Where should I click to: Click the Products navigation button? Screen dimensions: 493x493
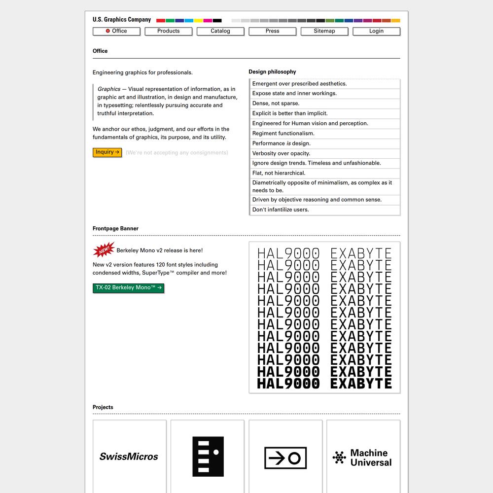click(168, 31)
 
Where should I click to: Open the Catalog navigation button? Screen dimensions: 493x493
click(220, 31)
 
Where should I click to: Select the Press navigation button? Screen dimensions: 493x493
click(272, 31)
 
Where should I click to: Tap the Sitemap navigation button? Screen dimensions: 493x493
click(324, 31)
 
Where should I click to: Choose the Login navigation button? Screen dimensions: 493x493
click(376, 31)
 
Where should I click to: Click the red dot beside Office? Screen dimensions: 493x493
click(107, 31)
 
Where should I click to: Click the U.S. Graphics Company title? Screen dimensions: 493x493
click(122, 20)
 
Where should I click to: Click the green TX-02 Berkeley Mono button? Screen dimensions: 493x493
click(128, 287)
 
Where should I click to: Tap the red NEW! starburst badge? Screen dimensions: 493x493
click(103, 250)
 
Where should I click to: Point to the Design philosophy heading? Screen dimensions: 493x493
click(272, 72)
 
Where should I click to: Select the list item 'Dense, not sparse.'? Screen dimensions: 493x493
click(276, 104)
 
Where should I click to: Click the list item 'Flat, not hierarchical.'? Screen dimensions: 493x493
click(279, 173)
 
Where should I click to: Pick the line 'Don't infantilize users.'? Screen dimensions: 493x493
click(281, 210)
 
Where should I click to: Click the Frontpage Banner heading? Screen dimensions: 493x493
click(115, 229)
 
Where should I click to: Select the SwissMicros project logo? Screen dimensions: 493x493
click(129, 457)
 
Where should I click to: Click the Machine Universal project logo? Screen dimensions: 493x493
click(363, 458)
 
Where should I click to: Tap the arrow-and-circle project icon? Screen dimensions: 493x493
click(285, 458)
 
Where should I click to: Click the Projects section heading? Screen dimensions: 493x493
click(103, 407)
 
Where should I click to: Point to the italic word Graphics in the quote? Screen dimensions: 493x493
click(109, 89)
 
